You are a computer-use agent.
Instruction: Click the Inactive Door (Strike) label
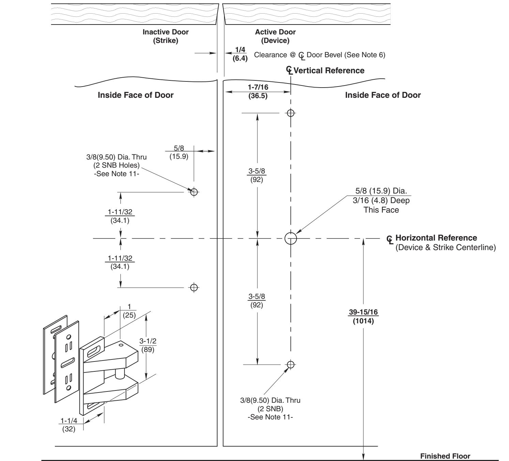pyautogui.click(x=165, y=36)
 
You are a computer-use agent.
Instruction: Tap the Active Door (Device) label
pyautogui.click(x=275, y=36)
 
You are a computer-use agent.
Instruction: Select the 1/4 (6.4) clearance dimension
pyautogui.click(x=240, y=54)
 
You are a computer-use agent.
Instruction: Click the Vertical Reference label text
pyautogui.click(x=329, y=70)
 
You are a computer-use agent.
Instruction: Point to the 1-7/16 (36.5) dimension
pyautogui.click(x=258, y=91)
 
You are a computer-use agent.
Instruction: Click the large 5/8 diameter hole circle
pyautogui.click(x=291, y=238)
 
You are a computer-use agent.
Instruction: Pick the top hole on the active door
pyautogui.click(x=290, y=113)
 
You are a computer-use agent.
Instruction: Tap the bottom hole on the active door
pyautogui.click(x=290, y=365)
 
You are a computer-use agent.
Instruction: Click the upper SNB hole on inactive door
pyautogui.click(x=194, y=192)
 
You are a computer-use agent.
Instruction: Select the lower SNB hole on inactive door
pyautogui.click(x=194, y=288)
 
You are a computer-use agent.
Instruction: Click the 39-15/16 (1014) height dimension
pyautogui.click(x=363, y=317)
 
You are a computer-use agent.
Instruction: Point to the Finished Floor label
pyautogui.click(x=445, y=456)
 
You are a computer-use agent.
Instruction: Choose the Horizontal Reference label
pyautogui.click(x=436, y=238)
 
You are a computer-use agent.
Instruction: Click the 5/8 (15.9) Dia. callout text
pyautogui.click(x=381, y=191)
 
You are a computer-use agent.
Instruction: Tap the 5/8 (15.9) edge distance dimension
pyautogui.click(x=179, y=152)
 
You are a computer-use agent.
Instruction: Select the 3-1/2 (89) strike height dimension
pyautogui.click(x=148, y=345)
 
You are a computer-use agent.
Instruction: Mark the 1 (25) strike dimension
pyautogui.click(x=129, y=311)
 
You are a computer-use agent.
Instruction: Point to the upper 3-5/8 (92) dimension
pyautogui.click(x=256, y=175)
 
